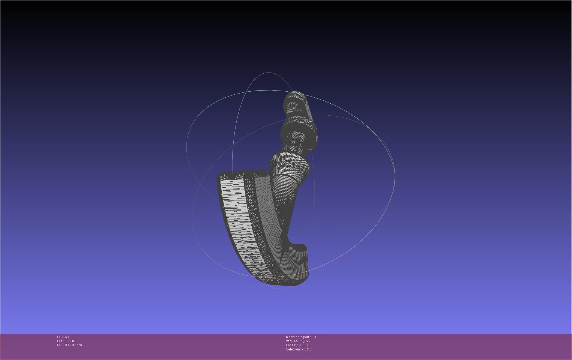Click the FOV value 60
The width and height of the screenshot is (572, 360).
point(67,337)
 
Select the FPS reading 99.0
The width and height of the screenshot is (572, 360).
point(70,341)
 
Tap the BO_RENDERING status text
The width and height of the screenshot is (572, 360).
point(70,345)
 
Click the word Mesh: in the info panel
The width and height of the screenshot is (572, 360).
point(290,337)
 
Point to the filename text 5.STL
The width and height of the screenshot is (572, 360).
point(314,337)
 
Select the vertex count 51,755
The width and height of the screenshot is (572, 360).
point(304,341)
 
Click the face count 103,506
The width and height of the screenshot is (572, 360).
point(303,345)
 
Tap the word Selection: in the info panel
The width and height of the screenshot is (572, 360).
point(293,349)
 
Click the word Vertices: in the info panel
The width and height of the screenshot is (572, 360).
point(292,341)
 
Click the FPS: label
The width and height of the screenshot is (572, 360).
point(60,341)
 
